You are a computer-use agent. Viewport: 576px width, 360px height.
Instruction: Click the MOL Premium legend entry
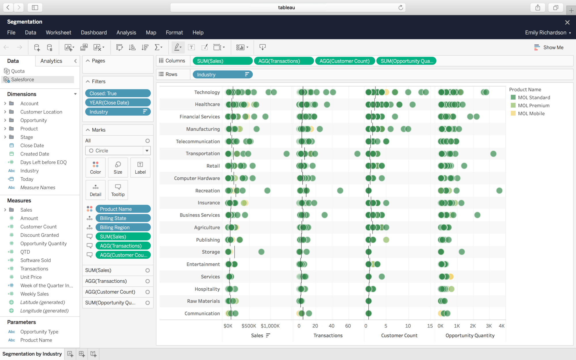pos(533,105)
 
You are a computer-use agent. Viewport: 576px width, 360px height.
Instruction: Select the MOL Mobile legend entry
pos(531,113)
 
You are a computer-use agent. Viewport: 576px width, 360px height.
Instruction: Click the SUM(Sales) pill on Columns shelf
pos(222,61)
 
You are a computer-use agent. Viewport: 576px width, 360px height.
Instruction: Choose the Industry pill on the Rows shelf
pos(222,75)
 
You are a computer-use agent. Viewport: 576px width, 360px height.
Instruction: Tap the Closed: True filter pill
pos(118,93)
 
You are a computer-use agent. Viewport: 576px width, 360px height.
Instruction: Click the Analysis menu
pos(126,33)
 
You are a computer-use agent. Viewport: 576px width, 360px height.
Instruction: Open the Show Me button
pos(549,48)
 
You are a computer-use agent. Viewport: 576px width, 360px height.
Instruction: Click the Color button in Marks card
pos(95,168)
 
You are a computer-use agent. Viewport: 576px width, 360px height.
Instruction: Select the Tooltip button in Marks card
pos(118,190)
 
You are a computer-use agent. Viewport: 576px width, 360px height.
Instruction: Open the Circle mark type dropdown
pos(118,151)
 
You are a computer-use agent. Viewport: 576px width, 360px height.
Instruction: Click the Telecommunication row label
pos(198,141)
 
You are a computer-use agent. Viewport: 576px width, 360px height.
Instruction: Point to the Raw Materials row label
pos(203,301)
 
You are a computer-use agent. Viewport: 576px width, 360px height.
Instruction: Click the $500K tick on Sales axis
pos(249,326)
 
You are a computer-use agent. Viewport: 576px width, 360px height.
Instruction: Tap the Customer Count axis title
pos(399,336)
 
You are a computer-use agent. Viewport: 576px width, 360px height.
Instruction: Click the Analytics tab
pos(51,61)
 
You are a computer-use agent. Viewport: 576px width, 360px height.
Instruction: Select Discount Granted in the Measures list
pos(39,235)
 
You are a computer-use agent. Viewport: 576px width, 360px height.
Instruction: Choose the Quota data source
pos(18,71)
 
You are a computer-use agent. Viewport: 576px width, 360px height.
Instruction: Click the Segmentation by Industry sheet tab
pos(32,354)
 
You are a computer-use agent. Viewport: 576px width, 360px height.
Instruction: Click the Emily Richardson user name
pos(545,33)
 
